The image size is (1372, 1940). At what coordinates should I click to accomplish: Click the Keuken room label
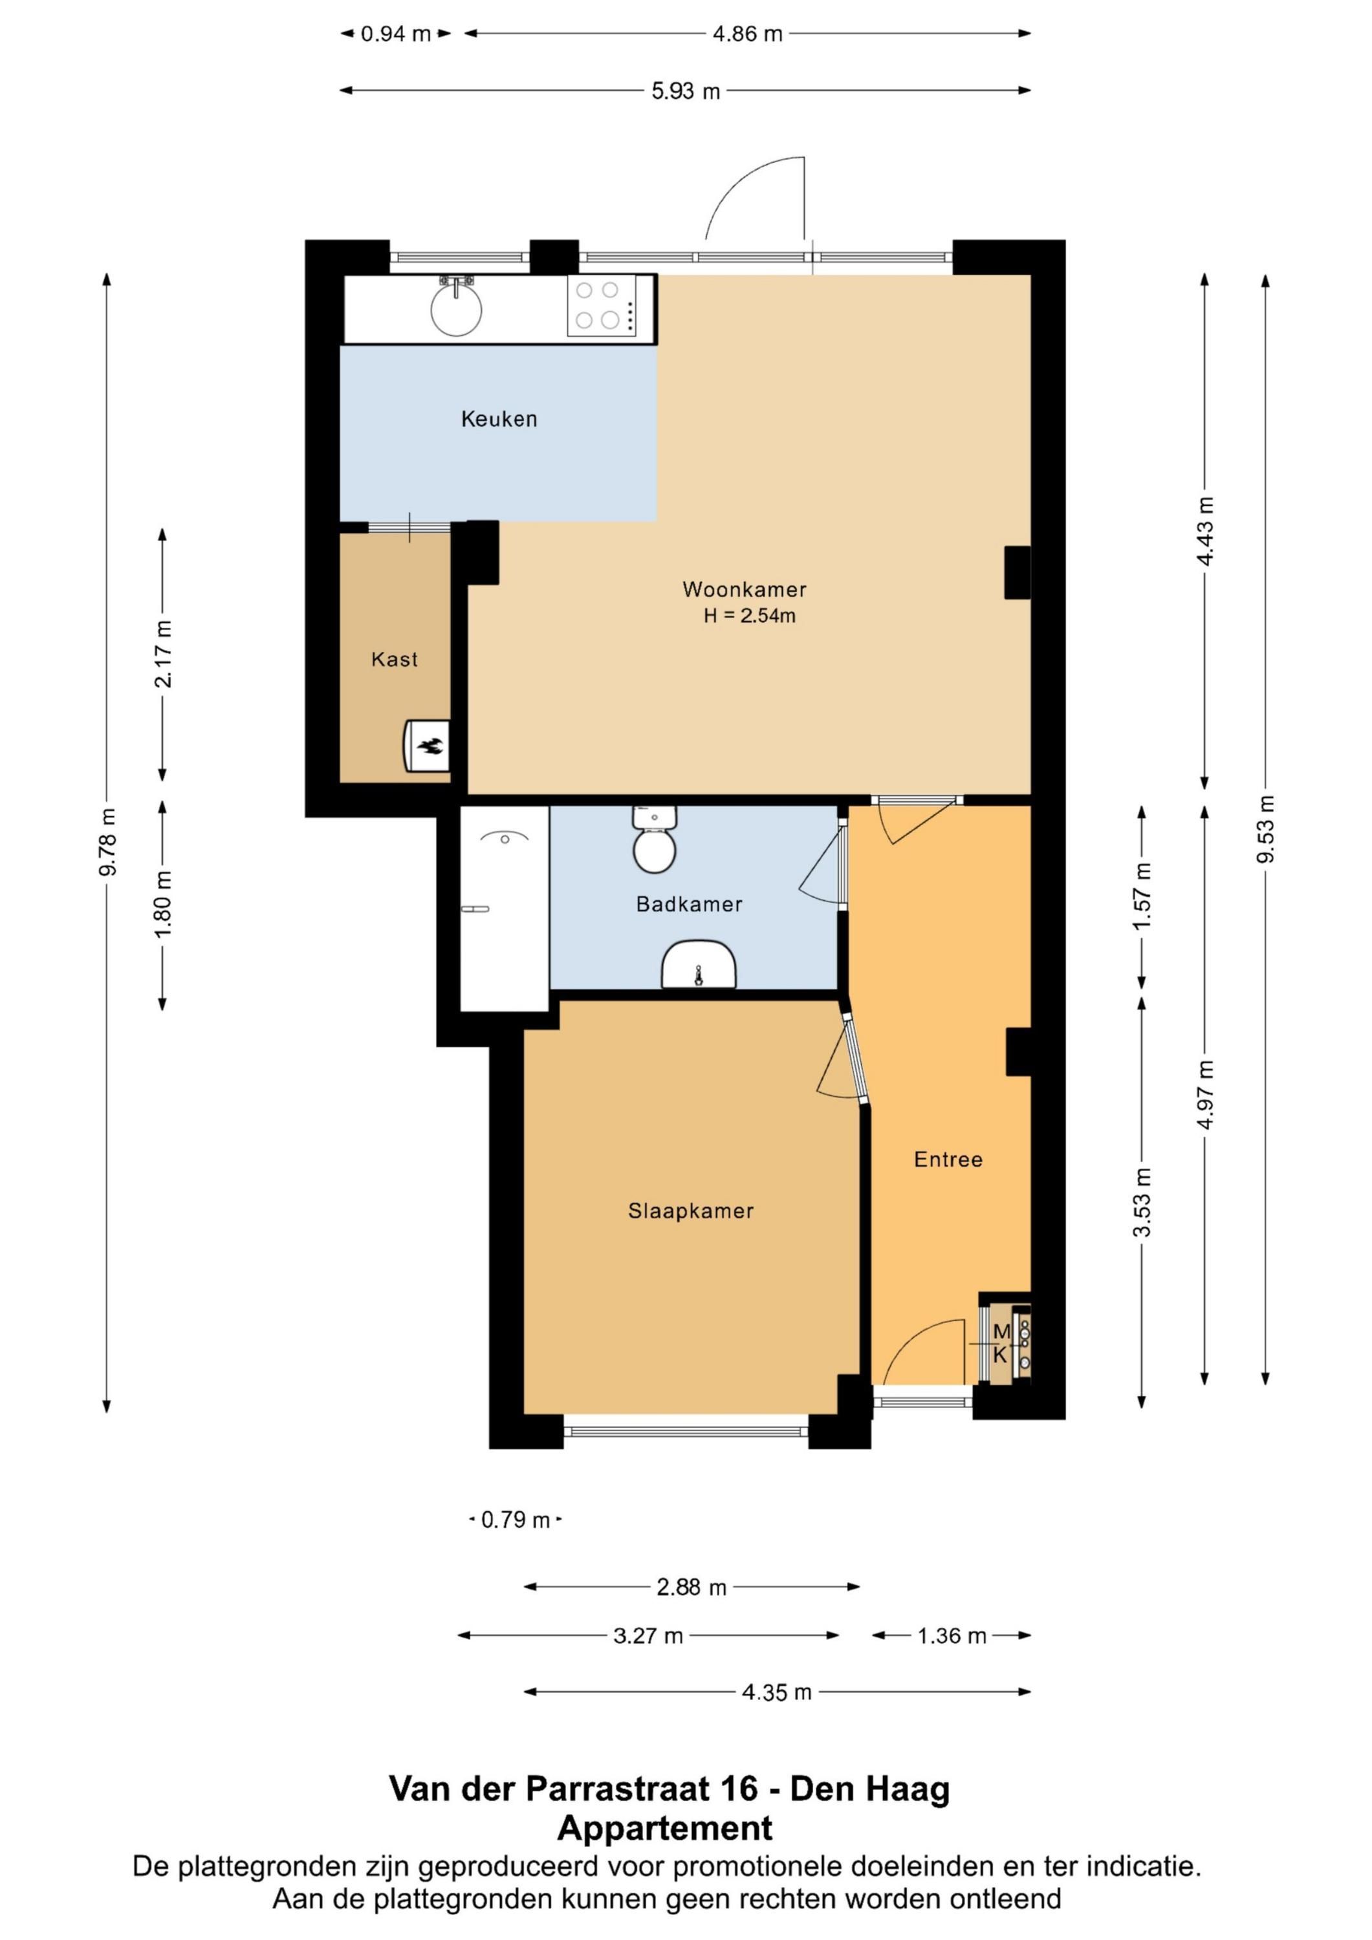pos(499,418)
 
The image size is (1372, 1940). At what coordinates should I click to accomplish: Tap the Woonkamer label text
pos(744,589)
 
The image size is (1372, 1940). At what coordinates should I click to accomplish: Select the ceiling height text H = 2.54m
pos(749,616)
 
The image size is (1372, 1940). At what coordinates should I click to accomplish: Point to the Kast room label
pos(394,659)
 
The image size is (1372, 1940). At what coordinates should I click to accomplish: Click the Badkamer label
pos(689,904)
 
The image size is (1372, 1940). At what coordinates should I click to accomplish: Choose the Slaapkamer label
pos(691,1211)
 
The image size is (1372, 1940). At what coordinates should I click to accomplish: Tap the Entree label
pos(948,1159)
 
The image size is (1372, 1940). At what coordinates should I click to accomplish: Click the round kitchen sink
pos(457,308)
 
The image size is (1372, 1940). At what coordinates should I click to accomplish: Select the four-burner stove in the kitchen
pos(601,306)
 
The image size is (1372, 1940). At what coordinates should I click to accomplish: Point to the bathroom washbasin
pos(699,964)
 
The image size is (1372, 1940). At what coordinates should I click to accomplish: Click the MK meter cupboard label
pos(1001,1344)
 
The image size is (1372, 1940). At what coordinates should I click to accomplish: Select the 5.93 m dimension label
pos(686,91)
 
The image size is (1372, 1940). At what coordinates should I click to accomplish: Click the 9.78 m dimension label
pos(107,843)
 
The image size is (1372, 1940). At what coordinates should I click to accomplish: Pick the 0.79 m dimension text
pos(516,1520)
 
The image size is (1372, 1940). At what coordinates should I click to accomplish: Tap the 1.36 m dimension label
pos(952,1636)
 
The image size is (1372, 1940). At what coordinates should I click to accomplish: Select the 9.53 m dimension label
pos(1265,830)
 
